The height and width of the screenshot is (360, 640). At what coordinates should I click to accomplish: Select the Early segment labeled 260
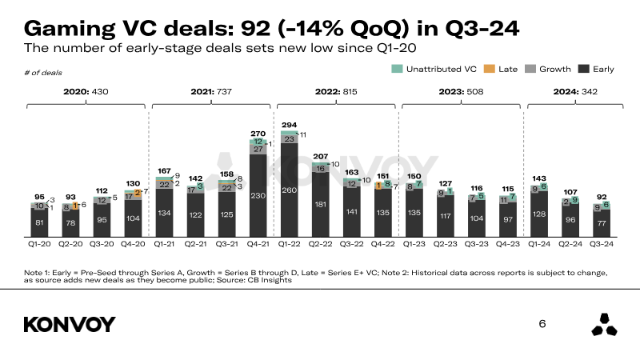tap(290, 191)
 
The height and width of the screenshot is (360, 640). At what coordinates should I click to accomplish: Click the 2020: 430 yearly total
tap(86, 92)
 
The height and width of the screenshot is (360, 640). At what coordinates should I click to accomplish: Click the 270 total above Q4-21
tap(259, 134)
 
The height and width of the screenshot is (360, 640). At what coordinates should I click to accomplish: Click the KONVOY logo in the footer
tap(70, 324)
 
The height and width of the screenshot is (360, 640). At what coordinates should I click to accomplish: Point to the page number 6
tap(542, 324)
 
